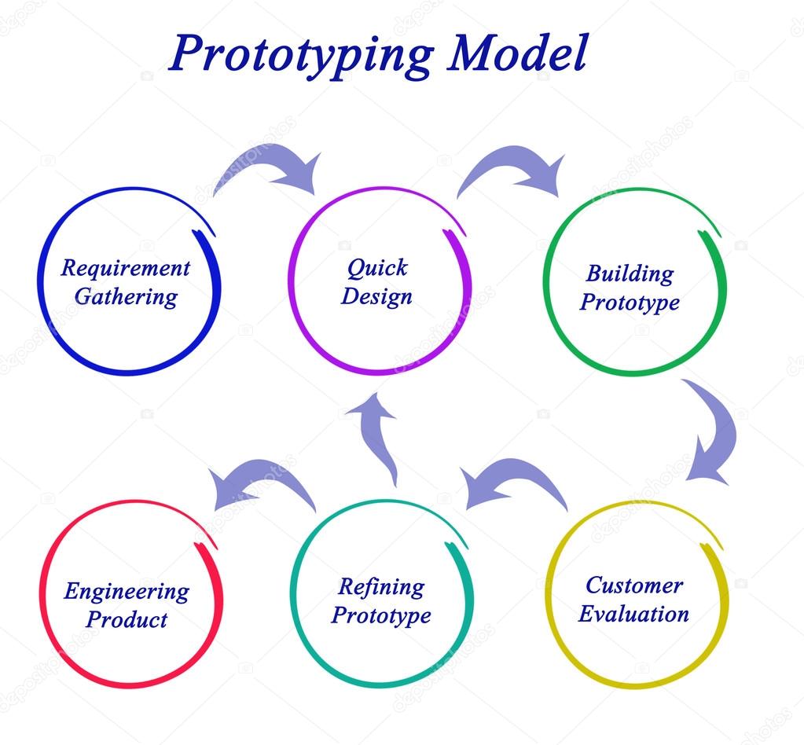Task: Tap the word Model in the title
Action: pos(517,52)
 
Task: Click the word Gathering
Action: pos(126,297)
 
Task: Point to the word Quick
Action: pos(377,268)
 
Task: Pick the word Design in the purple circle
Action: pos(377,297)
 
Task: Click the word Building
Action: pos(630,273)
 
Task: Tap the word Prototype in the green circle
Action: pos(630,303)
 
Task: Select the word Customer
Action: pos(634,585)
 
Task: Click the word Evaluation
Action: pos(633,614)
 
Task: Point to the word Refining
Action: pos(381,587)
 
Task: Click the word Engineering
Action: pos(127,593)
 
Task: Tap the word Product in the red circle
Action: pos(127,620)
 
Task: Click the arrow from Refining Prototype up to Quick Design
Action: pos(378,436)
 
